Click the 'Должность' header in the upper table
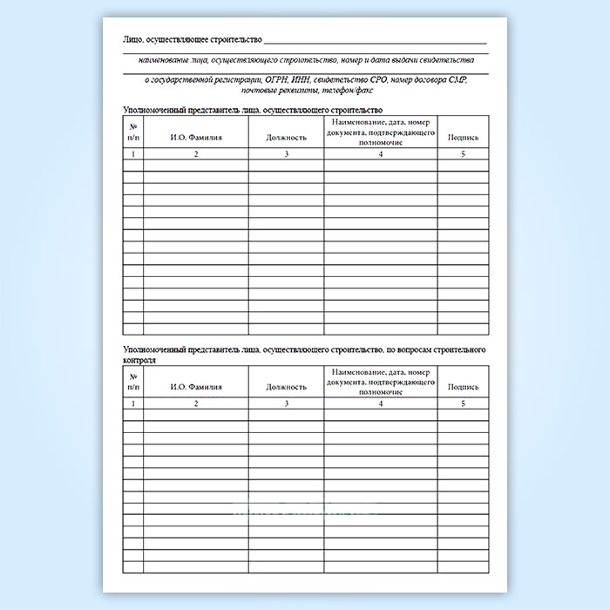286,138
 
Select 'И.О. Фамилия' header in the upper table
196,138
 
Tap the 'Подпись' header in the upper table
463,138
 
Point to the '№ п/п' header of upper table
132,132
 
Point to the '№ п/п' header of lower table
132,380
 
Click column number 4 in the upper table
381,154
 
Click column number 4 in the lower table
381,403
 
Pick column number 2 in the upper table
196,154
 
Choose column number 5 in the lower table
463,403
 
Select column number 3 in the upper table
286,154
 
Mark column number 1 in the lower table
132,403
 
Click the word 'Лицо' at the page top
134,40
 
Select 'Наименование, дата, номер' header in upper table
380,124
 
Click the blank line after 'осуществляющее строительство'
375,40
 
